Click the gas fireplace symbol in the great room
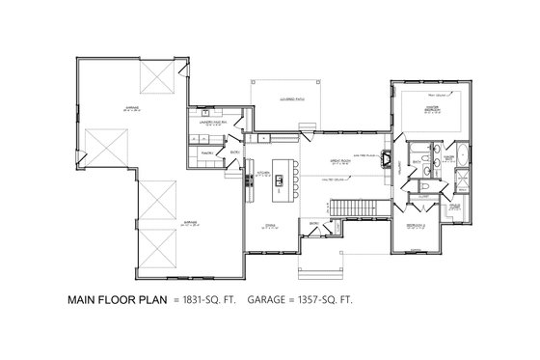(386, 160)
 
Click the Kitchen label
(261, 175)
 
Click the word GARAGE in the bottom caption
(273, 299)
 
